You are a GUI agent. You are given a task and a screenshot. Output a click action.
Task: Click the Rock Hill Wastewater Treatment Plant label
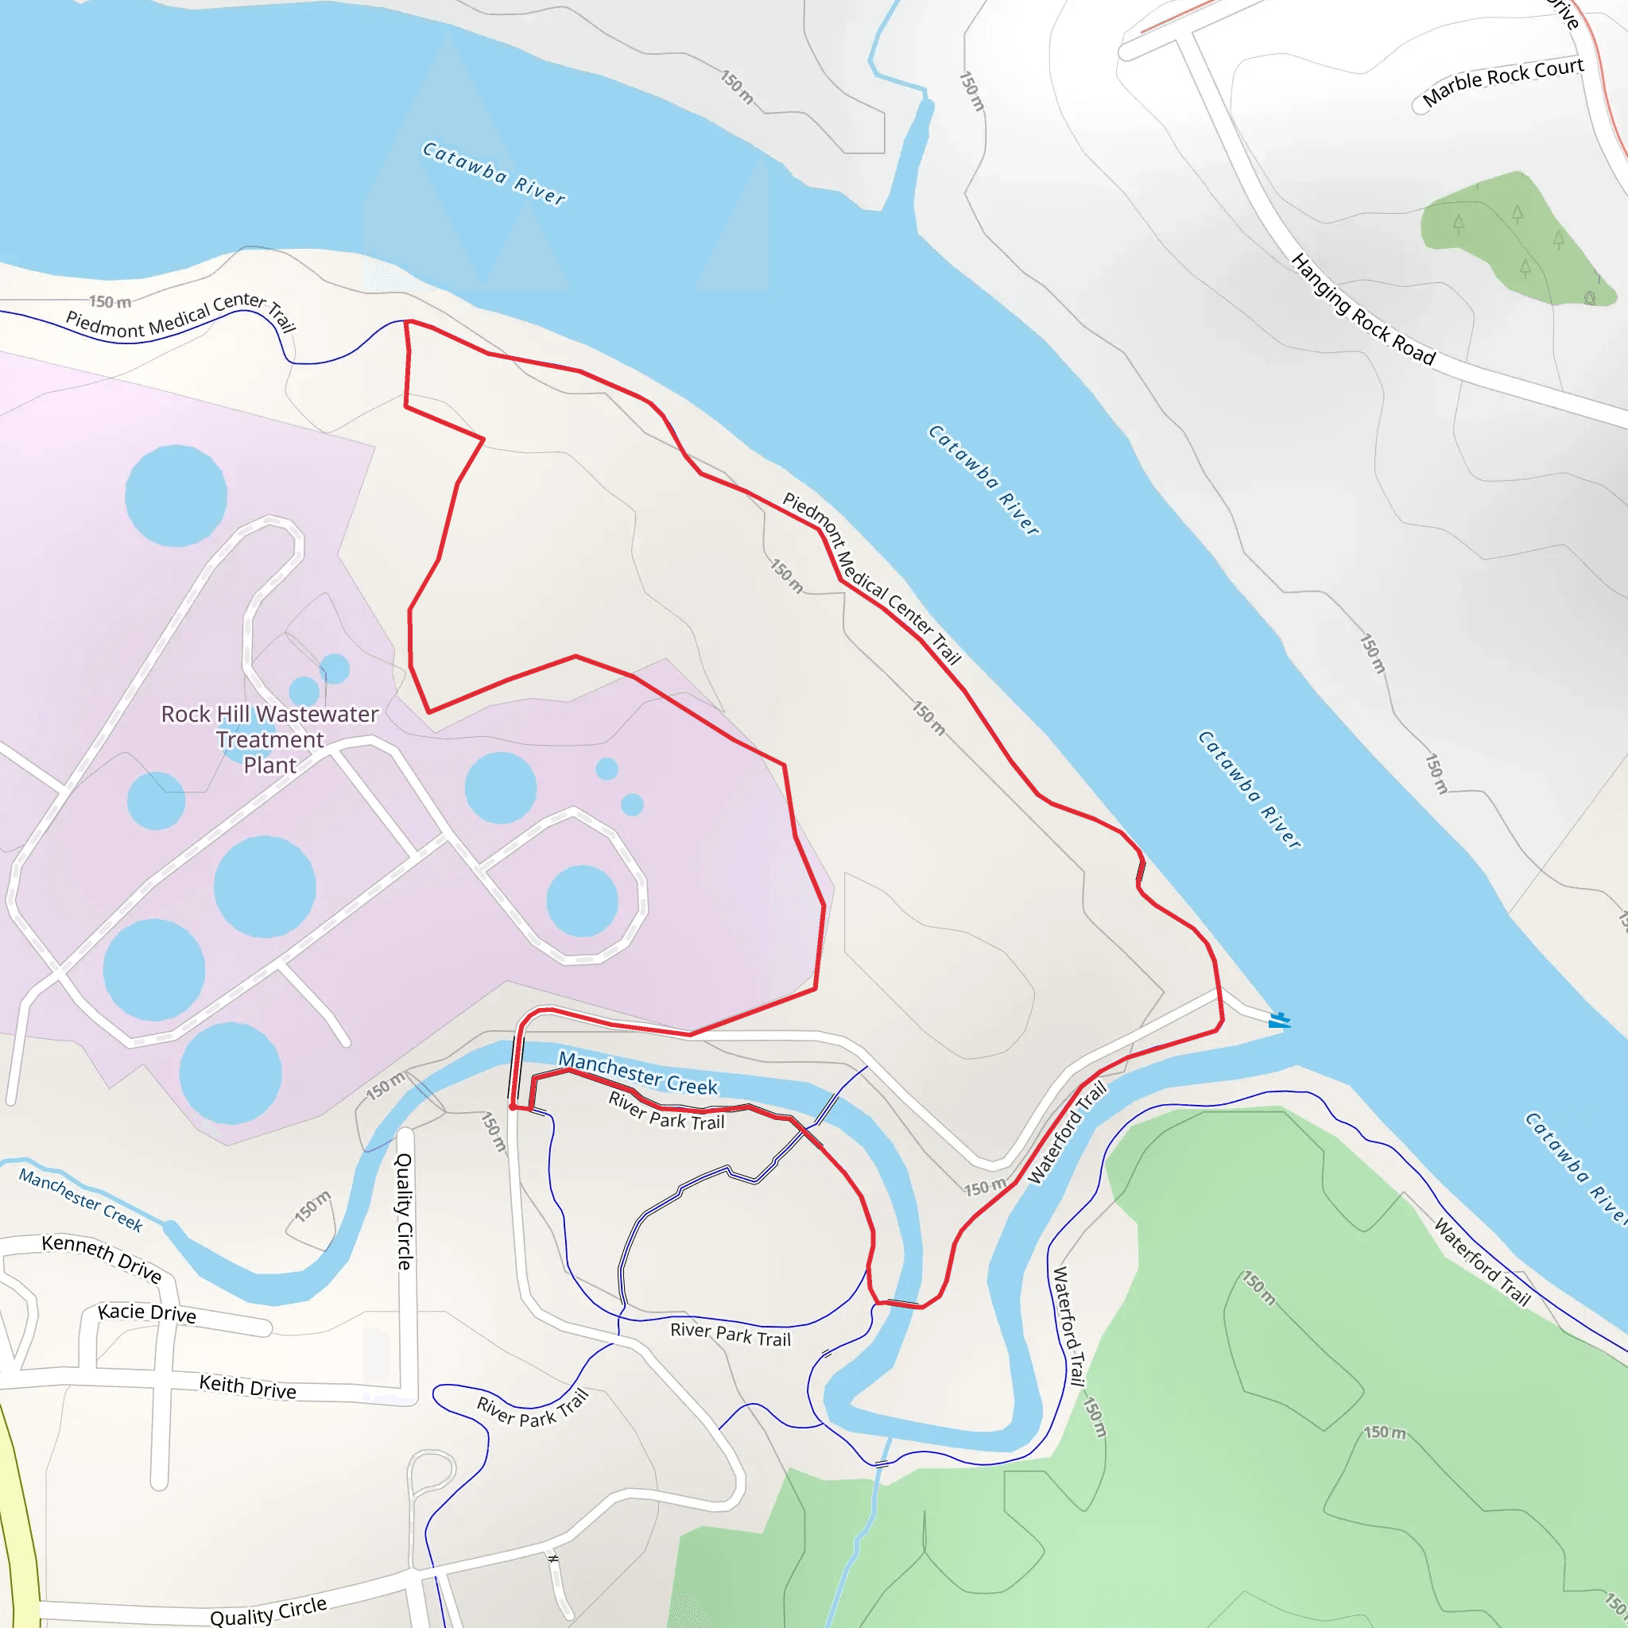point(269,739)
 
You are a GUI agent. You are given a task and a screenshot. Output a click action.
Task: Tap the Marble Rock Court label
point(1502,82)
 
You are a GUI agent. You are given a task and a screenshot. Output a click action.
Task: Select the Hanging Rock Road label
point(1362,309)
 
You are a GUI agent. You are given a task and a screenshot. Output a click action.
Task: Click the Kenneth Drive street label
point(101,1258)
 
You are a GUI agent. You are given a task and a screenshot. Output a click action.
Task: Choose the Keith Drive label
point(248,1386)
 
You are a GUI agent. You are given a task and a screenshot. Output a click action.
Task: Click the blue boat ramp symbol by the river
point(1280,1021)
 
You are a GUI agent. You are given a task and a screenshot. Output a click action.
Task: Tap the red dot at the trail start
point(513,1107)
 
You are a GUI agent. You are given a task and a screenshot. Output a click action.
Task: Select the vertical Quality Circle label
point(405,1211)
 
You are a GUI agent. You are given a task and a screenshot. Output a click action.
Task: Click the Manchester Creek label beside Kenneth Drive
point(81,1200)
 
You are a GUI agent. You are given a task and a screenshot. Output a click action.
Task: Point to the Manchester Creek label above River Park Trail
point(638,1073)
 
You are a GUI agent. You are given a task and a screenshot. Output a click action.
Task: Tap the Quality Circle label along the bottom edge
point(268,1611)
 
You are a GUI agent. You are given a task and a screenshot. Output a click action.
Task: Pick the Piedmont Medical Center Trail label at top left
point(180,315)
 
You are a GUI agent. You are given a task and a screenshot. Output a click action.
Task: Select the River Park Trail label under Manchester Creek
point(666,1111)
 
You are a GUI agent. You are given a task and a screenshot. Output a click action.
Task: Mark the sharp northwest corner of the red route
point(407,322)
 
